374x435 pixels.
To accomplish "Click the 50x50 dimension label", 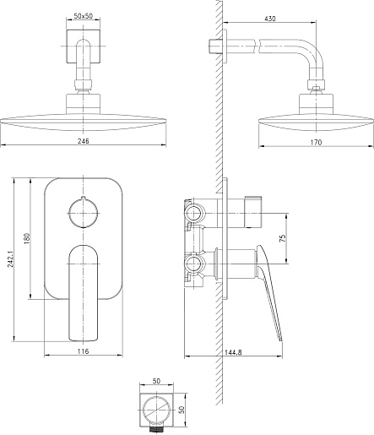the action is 83,16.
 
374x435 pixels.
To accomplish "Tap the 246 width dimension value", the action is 84,141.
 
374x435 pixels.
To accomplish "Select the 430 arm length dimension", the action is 270,19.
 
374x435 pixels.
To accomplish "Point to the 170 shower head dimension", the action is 316,143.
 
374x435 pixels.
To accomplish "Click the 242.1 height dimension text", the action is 11,259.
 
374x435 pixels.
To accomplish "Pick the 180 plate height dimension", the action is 27,238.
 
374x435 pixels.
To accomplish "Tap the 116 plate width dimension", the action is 84,351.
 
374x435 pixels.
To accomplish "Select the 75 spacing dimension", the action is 283,238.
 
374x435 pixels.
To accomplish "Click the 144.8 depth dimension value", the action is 233,352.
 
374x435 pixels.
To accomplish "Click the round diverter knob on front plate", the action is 84,212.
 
